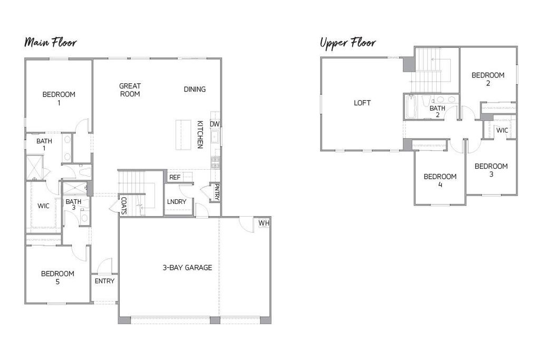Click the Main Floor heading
pyautogui.click(x=50, y=43)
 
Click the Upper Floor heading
pyautogui.click(x=348, y=42)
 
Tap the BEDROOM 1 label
pyautogui.click(x=59, y=99)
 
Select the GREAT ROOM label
pyautogui.click(x=130, y=90)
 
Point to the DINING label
pyautogui.click(x=195, y=89)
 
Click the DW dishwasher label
pyautogui.click(x=215, y=124)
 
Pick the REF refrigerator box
pyautogui.click(x=175, y=177)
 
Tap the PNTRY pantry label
pyautogui.click(x=216, y=192)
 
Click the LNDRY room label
pyautogui.click(x=176, y=202)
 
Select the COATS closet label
pyautogui.click(x=123, y=206)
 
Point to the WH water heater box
pyautogui.click(x=264, y=223)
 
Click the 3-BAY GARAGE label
pyautogui.click(x=187, y=268)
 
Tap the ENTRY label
pyautogui.click(x=104, y=281)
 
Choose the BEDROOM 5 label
pyautogui.click(x=57, y=278)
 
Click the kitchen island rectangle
pyautogui.click(x=184, y=135)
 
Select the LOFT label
pyautogui.click(x=362, y=103)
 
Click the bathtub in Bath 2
pyautogui.click(x=411, y=108)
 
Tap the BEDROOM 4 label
pyautogui.click(x=440, y=180)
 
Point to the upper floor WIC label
pyautogui.click(x=502, y=130)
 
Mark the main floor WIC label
pyautogui.click(x=43, y=206)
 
